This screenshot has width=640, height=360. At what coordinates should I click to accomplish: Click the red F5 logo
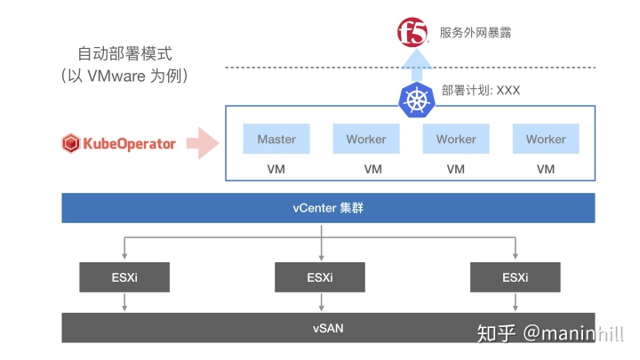tap(413, 34)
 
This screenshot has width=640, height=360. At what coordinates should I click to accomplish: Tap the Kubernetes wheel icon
tap(415, 99)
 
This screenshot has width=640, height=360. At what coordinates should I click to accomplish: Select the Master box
tap(276, 140)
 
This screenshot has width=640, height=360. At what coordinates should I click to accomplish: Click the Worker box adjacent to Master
tap(366, 140)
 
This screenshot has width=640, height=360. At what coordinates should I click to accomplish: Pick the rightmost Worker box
tap(546, 140)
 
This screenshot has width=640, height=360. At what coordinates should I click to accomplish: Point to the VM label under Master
tap(276, 169)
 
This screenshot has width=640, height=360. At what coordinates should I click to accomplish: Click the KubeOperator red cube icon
tap(71, 142)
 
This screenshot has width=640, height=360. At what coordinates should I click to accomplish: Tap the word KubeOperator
tap(130, 142)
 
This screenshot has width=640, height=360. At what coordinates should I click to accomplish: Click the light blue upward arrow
tap(415, 64)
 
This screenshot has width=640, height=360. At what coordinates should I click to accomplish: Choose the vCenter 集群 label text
tap(327, 209)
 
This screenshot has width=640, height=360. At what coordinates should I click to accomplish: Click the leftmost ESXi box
tap(124, 277)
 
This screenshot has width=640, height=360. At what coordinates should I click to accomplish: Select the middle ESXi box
tap(320, 277)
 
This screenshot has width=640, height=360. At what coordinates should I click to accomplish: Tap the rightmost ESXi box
tap(515, 277)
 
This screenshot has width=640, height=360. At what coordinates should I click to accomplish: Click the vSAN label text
tap(327, 328)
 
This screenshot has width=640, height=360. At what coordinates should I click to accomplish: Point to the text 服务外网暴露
tap(476, 34)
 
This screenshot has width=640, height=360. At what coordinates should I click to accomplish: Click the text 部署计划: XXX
tap(481, 92)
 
